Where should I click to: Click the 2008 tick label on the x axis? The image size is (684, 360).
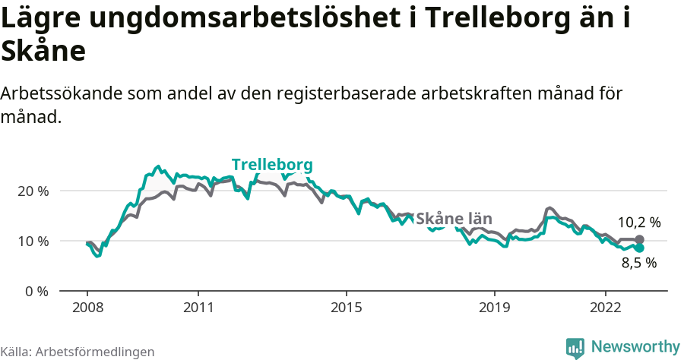pos(87,309)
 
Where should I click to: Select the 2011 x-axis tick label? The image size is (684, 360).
pos(198,309)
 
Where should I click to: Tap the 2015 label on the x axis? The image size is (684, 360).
pos(346,309)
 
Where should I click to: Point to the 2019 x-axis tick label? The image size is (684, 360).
pos(494,309)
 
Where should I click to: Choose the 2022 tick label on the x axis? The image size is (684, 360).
pos(605,309)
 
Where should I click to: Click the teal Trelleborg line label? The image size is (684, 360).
pos(272,165)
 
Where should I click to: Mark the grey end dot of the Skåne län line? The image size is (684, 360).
pos(639,240)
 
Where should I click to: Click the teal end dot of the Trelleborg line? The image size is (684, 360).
pos(639,248)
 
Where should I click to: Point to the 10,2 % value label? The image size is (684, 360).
pos(638,223)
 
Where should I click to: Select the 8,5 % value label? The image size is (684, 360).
pos(638,264)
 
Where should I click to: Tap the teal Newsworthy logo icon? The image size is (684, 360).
pos(575,347)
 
